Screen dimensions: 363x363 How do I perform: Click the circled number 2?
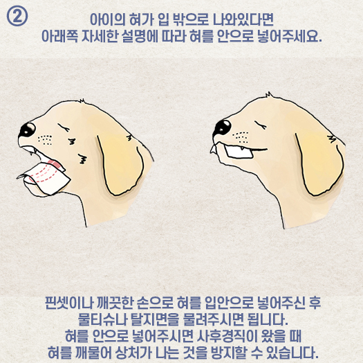tap(17, 16)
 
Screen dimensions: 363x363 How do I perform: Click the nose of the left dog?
tap(28, 130)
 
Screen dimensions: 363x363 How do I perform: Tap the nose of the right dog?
tap(222, 127)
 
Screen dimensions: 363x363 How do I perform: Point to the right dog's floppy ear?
tap(319, 162)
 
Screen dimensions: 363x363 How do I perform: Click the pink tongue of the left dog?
tap(55, 164)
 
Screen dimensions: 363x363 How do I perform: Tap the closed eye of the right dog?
tap(261, 125)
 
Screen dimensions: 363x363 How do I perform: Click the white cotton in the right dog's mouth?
tap(239, 152)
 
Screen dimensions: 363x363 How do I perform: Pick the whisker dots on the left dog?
tap(45, 140)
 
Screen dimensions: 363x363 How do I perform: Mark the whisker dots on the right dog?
tap(241, 137)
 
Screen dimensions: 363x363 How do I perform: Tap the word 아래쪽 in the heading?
tap(59, 37)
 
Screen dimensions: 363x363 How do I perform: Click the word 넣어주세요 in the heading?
tap(290, 37)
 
